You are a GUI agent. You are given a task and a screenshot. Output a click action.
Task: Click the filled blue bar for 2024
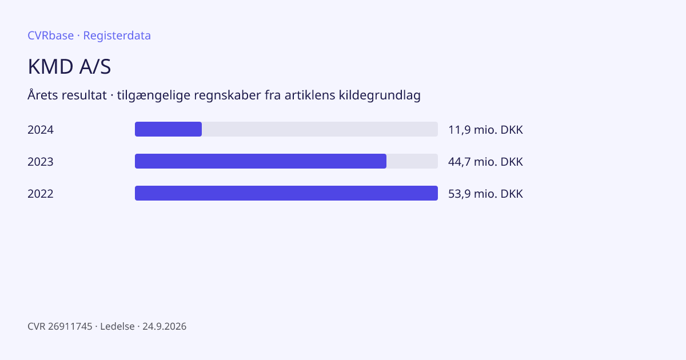168,129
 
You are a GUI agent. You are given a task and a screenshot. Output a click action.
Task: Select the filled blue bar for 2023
261,161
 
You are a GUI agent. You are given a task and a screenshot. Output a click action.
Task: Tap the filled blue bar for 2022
286,193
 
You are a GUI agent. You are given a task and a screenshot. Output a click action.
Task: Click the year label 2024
41,130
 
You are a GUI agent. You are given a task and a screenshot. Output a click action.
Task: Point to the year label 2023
41,162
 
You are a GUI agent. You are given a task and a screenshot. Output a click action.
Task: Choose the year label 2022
41,194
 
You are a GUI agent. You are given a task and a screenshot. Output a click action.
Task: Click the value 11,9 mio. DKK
485,130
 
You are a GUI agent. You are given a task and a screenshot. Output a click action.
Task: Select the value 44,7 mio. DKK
485,162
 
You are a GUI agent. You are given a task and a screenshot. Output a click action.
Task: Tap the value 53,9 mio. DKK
485,194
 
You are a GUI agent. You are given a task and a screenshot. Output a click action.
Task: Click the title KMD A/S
69,66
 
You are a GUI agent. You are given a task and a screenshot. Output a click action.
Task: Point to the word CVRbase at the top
50,35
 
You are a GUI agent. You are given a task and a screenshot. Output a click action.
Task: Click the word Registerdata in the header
117,36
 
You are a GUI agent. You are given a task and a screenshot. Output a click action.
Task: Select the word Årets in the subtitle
42,95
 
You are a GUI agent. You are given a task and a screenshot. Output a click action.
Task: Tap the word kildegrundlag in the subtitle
380,95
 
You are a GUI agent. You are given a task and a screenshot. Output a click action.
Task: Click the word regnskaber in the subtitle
228,95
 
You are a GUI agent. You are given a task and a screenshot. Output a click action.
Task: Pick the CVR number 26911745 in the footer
70,326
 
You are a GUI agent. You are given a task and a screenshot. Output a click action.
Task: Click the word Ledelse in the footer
117,326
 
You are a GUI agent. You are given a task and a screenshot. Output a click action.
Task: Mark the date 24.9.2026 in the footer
165,326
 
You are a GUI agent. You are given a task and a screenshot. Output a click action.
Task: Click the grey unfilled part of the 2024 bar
320,129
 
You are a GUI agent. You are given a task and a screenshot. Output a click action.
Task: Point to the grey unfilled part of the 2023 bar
412,161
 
